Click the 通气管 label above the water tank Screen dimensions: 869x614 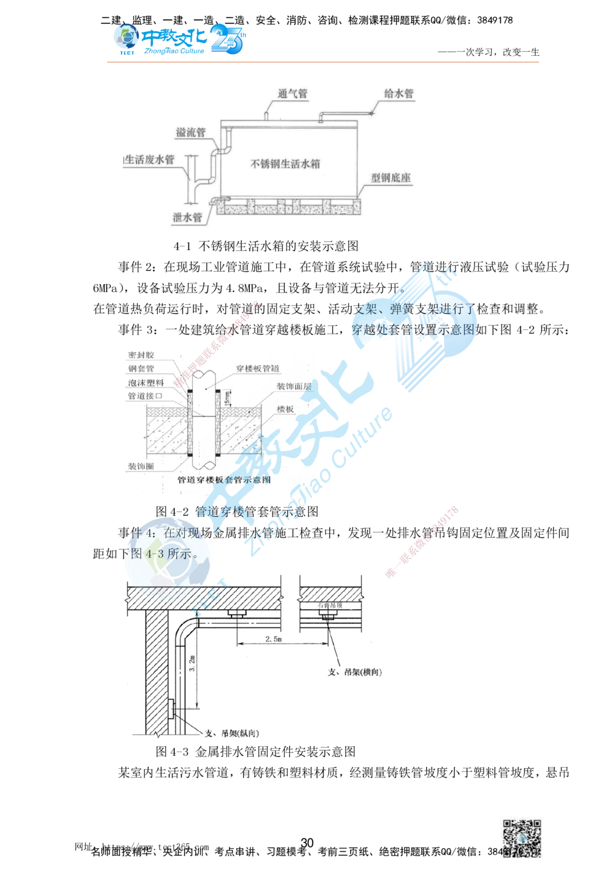pos(292,94)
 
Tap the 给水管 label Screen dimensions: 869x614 pos(398,94)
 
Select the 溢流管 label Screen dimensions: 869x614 pos(190,133)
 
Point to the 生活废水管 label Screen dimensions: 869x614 pos(149,160)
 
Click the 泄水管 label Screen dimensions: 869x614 pos(187,218)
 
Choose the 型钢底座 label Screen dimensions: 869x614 pos(391,178)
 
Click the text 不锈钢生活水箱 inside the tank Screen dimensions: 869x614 pos(286,164)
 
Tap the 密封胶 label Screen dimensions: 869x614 pos(142,356)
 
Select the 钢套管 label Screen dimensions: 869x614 pos(141,369)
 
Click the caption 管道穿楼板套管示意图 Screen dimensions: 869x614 pos(223,481)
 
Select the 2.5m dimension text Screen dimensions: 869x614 pos(273,640)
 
